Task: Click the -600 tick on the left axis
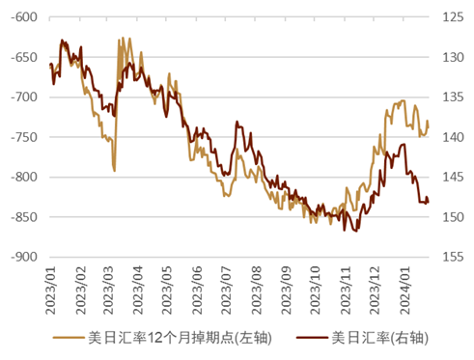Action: [24, 17]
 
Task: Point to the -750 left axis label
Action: [24, 137]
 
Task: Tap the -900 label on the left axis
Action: [24, 257]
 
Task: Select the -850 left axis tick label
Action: [24, 217]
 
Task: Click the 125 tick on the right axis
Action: [453, 17]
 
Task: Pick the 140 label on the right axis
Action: [453, 137]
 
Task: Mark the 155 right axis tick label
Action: [453, 257]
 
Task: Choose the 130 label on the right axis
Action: [453, 58]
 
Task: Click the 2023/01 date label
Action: [51, 291]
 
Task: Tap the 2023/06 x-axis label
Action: [197, 291]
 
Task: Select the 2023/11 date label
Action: [346, 291]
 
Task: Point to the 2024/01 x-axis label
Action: [404, 291]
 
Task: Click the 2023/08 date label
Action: [257, 291]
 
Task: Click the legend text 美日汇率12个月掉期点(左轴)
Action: [181, 338]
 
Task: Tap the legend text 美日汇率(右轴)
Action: [380, 338]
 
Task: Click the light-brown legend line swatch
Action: [69, 338]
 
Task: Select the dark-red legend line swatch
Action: [312, 338]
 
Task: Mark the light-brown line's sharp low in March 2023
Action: [114, 171]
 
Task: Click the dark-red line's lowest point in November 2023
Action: [356, 231]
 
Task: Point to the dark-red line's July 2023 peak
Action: [237, 122]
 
